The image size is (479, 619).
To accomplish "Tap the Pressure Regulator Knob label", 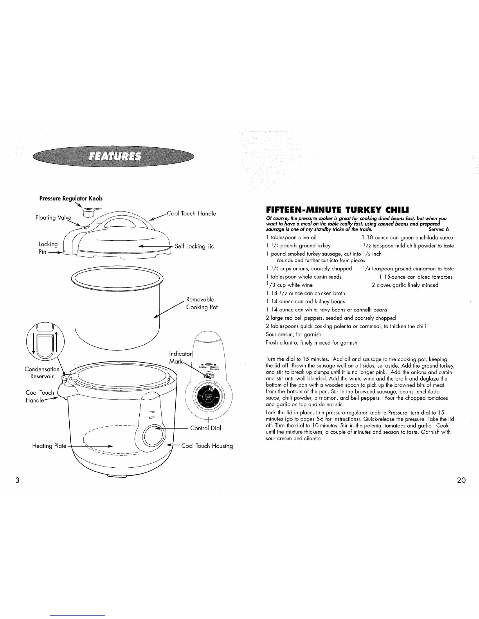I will [70, 198].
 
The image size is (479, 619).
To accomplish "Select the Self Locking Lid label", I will [194, 246].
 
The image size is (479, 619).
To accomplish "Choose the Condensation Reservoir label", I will [42, 373].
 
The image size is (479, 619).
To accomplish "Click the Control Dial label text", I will [205, 428].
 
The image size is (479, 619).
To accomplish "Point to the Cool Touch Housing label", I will [207, 446].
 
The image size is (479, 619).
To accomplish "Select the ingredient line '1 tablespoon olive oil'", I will [291, 237].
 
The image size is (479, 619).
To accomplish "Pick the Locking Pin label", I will [48, 248].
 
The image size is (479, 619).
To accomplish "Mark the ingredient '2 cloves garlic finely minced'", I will [405, 285].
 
